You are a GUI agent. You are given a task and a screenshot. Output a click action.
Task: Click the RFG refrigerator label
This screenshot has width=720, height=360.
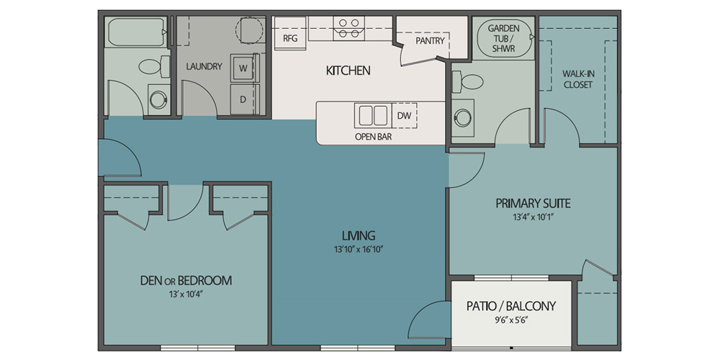coord(290,38)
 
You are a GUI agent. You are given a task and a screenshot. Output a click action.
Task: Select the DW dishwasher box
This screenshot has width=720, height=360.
coord(405,116)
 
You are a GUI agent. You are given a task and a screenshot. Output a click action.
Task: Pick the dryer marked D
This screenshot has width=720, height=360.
coord(244,99)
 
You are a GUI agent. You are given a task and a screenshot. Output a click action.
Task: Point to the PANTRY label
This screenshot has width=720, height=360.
coord(430,41)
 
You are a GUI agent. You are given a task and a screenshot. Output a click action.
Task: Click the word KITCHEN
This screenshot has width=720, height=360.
coord(348,71)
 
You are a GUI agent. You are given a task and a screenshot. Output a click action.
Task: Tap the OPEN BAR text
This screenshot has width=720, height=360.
coord(373,136)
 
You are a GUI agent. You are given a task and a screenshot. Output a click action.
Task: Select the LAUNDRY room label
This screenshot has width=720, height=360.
coord(204,66)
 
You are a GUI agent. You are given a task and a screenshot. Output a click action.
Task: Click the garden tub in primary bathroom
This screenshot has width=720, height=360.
coord(504,38)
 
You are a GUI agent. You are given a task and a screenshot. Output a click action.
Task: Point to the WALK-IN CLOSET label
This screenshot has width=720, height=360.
coord(577,79)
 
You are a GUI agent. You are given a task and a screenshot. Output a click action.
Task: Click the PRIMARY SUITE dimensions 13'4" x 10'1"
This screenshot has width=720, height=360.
coord(533,218)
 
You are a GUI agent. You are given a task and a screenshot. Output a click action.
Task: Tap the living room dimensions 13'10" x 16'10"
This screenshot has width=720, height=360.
coord(359,250)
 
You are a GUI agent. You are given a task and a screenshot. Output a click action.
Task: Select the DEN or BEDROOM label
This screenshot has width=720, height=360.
coord(186,281)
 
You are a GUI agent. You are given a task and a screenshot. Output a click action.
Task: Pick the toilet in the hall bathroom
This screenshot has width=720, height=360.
coord(154,67)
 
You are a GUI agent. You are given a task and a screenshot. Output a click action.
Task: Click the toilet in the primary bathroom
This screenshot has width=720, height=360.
coord(467,82)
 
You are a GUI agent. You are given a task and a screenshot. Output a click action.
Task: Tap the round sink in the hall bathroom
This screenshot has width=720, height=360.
coord(158,99)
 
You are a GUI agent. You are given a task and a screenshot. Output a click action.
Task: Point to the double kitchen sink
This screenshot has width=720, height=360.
coord(372,116)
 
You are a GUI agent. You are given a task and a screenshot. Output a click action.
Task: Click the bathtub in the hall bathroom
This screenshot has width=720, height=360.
coord(135,32)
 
